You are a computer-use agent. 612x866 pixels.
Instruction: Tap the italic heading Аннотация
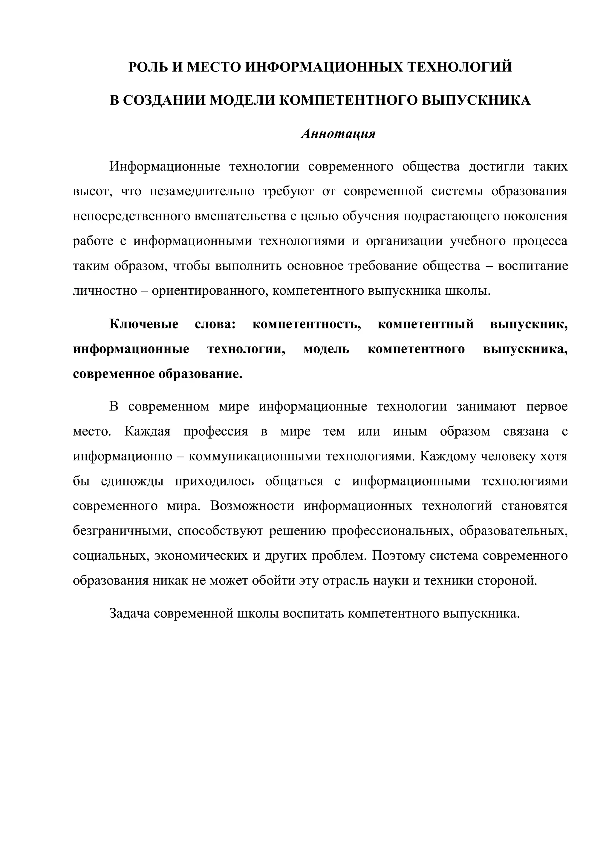tap(338, 134)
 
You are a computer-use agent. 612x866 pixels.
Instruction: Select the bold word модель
tap(326, 349)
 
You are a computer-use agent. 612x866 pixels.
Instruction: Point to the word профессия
tap(215, 431)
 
